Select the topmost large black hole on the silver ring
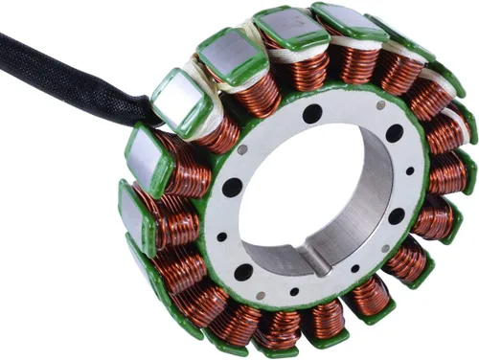point(312,114)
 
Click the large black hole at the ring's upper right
point(394,134)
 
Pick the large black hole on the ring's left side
point(231,188)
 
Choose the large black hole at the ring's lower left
point(243,272)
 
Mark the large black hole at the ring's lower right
point(396,216)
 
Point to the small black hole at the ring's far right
point(410,171)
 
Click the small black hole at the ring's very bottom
point(294,292)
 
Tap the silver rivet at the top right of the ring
point(380,104)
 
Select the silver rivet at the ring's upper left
point(242,149)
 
